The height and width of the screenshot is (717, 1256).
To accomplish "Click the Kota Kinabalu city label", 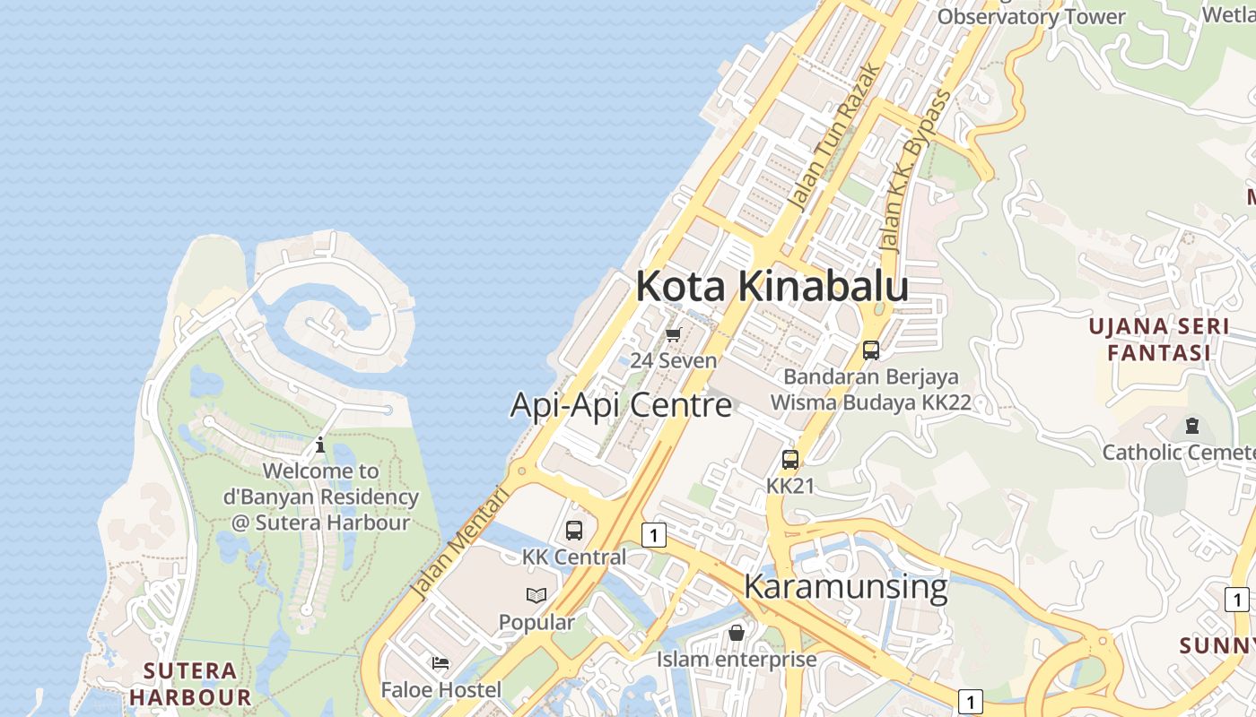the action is (772, 287).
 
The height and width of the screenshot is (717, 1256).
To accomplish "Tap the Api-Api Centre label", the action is (621, 405).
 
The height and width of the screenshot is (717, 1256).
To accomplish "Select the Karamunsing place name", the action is (845, 587).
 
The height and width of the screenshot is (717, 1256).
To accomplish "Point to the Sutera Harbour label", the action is (189, 683).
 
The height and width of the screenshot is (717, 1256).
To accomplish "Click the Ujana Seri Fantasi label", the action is (1159, 339).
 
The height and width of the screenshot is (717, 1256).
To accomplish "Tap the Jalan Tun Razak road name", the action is (833, 139).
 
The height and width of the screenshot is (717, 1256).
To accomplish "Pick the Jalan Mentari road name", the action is (458, 543).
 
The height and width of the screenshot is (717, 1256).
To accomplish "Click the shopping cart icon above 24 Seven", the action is (673, 335).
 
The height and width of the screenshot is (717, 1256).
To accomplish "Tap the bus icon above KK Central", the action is (574, 530).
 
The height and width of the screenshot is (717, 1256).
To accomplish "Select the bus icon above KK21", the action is (790, 460).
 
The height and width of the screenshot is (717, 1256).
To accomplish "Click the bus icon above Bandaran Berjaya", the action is (870, 350).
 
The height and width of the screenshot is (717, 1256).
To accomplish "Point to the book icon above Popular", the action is (536, 595).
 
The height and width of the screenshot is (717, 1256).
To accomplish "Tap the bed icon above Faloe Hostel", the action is (440, 663).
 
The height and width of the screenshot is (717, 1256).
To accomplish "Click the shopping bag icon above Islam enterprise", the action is (737, 633).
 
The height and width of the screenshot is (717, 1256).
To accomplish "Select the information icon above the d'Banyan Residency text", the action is (320, 445).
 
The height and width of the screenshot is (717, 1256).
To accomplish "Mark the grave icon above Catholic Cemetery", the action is (1192, 425).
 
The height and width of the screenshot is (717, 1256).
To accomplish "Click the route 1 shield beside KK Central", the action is (654, 535).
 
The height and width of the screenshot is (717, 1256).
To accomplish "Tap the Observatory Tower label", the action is (1031, 16).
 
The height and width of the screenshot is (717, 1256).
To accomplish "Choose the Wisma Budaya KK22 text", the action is (870, 402).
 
